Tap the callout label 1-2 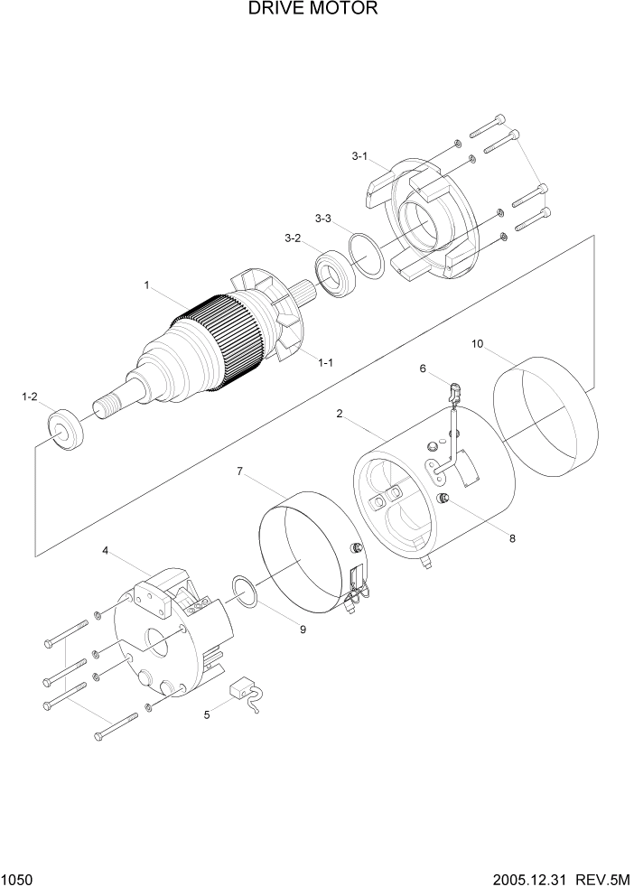click(29, 397)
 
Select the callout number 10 click(478, 343)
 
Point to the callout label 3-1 click(359, 156)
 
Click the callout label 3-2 click(292, 238)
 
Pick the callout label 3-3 click(322, 219)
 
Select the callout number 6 click(421, 368)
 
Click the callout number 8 click(512, 538)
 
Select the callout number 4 click(106, 550)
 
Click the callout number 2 click(339, 414)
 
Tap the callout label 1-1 click(325, 362)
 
